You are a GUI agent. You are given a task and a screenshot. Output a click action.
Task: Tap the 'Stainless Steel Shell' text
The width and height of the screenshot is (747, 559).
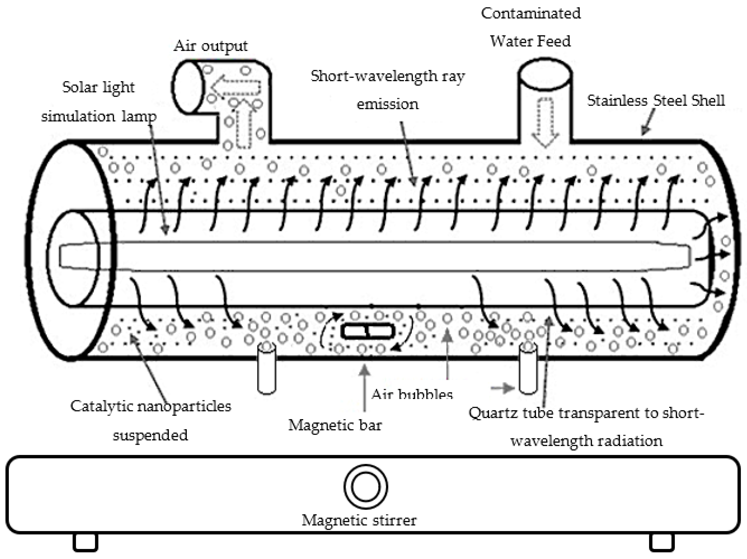point(656,101)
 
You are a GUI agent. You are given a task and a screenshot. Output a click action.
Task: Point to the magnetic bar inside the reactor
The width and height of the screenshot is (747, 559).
point(367,331)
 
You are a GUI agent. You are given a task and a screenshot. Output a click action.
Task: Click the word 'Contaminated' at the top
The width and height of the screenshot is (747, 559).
point(530,13)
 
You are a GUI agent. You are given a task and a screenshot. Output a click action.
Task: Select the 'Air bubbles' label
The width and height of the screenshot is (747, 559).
point(412,394)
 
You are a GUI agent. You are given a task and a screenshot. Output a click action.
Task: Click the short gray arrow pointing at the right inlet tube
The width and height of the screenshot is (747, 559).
point(502,388)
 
